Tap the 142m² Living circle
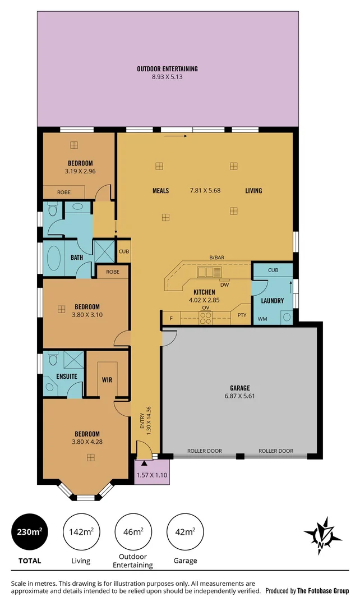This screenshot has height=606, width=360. point(81,531)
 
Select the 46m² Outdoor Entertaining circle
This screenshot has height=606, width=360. point(133,531)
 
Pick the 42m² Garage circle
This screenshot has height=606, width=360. point(185,531)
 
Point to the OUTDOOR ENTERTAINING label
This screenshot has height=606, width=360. point(167,69)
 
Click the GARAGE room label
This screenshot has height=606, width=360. point(239,388)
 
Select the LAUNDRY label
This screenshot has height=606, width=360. point(273,301)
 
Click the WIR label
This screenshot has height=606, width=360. point(107,380)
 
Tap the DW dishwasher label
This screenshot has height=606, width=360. point(224,284)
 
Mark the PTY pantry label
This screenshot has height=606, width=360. point(242,315)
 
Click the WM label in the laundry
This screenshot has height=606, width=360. point(262,319)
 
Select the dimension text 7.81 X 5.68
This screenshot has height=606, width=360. point(205,190)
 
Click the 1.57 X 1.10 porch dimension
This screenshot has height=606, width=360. point(151,475)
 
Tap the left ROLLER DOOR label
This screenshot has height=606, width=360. point(205,451)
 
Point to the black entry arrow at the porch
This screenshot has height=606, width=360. point(144,463)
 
